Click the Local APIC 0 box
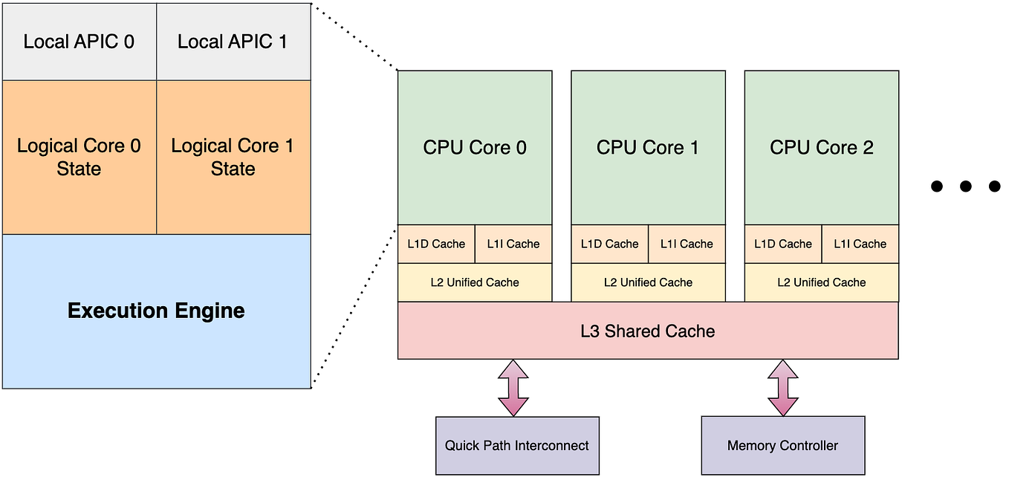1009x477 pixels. coord(79,42)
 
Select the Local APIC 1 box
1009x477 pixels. coord(233,42)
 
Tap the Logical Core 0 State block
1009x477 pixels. coord(79,157)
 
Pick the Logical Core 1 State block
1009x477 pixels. coord(233,157)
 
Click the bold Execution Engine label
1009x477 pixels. coord(156,311)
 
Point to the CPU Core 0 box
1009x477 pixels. coord(475,147)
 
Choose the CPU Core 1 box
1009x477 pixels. coord(648,147)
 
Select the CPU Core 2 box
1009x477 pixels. coord(821,147)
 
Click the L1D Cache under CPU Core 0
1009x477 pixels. coord(436,244)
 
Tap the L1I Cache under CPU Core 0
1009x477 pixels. coord(513,244)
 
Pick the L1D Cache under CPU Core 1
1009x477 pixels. coord(609,244)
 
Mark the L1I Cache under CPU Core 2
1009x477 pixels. coord(860,244)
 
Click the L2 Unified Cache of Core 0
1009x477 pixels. coord(475,282)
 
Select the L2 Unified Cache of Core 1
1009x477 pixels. coord(648,282)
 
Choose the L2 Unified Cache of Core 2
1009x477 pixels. coord(821,282)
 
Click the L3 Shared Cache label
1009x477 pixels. coord(648,331)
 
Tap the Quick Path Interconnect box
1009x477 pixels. coord(516,445)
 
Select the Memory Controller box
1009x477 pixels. coord(782,445)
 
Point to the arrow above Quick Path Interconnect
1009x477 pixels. coord(513,387)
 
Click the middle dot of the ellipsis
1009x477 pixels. coord(965,186)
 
